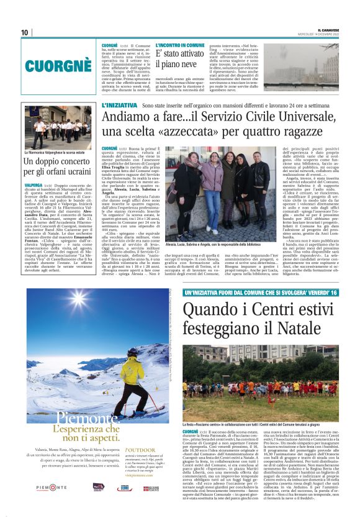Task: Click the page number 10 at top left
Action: [x=25, y=32]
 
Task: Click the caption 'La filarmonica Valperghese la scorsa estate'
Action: [x=55, y=152]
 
